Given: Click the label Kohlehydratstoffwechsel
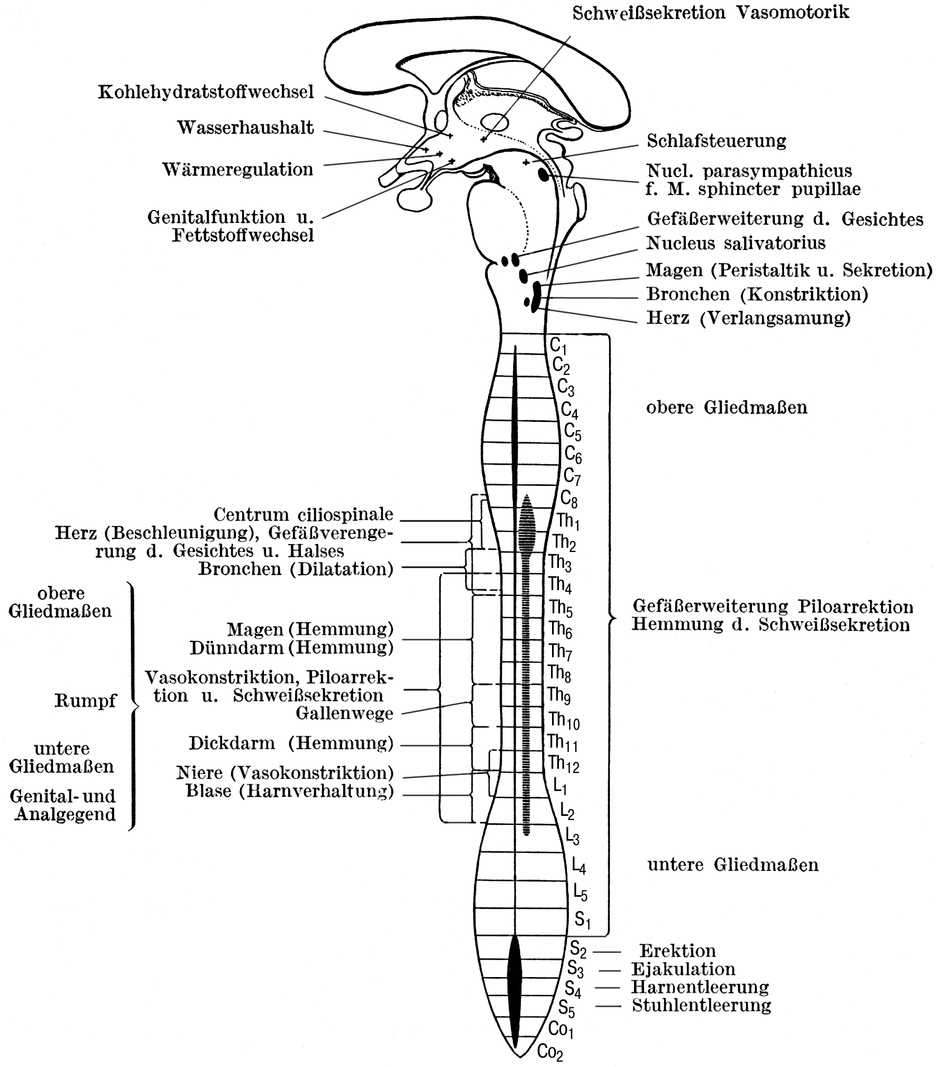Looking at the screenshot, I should coord(206,92).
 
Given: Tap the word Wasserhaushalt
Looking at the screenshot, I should coord(245,128).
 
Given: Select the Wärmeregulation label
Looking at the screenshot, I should coord(237,170).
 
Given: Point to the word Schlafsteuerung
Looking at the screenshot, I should coord(716,141).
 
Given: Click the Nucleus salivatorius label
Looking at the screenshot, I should coord(736,243).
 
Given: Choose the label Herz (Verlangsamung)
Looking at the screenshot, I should coord(748,318).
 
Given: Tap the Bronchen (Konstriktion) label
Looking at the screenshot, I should coord(757,294).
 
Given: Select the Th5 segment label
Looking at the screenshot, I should coord(561,608).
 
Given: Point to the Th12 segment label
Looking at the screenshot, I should coord(564,764).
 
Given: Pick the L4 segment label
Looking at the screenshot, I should coord(578,865).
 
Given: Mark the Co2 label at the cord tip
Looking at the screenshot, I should coord(550,1052).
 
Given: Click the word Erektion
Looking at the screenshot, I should coord(677,951).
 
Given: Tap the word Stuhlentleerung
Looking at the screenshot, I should coord(701,1005).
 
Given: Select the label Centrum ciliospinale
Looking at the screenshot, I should coord(304,514).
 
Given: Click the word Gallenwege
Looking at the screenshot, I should coord(344,713).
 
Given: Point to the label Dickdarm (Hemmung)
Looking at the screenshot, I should coord(291,743).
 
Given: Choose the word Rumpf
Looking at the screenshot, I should coord(85,701).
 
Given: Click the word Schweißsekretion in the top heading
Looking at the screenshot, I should coord(649,13).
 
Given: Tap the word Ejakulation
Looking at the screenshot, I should coord(683,969).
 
